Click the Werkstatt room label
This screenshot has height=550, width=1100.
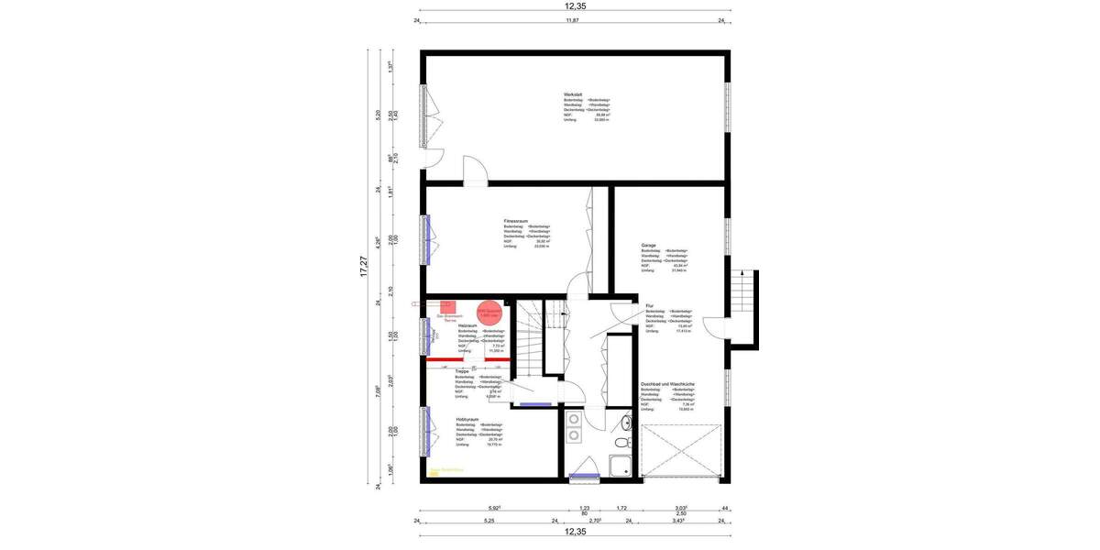tap(574, 94)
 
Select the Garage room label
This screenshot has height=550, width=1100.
tap(649, 246)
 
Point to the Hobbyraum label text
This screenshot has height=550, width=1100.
tap(467, 420)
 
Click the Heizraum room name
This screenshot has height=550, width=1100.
tap(467, 325)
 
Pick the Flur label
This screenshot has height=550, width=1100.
tap(649, 305)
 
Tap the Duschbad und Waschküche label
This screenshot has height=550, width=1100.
tap(667, 382)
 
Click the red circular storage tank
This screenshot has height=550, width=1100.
tap(489, 312)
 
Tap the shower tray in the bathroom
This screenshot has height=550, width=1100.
tap(621, 466)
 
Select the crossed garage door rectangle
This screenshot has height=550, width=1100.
tap(683, 451)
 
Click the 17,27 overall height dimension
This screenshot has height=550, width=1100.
tap(363, 266)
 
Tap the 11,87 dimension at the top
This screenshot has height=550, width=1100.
tap(573, 19)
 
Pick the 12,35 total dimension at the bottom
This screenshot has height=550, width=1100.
tap(575, 532)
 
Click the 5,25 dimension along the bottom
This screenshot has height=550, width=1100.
tap(489, 521)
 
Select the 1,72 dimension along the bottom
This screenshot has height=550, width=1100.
tap(621, 507)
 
